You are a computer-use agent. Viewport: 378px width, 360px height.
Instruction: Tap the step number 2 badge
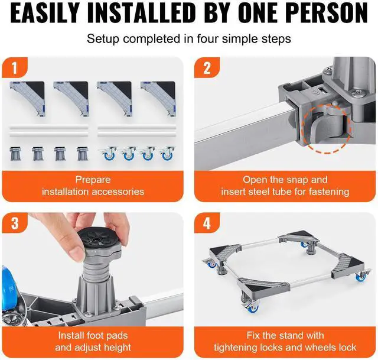tap(207, 67)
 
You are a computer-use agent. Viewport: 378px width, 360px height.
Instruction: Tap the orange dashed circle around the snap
tap(325, 127)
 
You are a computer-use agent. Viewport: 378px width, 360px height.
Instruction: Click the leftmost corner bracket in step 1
tap(27, 94)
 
